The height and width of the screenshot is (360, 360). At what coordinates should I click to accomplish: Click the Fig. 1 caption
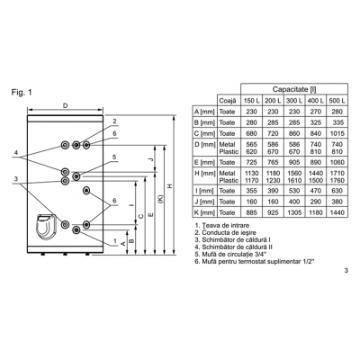[x=22, y=93]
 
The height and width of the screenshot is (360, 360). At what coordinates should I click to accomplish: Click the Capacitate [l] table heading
[x=294, y=89]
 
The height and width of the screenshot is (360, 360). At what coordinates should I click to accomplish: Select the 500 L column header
[x=337, y=101]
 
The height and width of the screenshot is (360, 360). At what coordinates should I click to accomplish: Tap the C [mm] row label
[x=204, y=133]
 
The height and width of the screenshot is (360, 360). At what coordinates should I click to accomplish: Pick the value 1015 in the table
[x=337, y=133]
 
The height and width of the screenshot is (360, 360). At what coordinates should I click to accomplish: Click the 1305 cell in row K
[x=294, y=212]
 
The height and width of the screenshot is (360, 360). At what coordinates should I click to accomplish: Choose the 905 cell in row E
[x=294, y=162]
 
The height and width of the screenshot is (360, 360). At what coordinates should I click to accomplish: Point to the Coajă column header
[x=228, y=101]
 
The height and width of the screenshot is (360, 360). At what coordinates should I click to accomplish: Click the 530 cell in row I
[x=294, y=191]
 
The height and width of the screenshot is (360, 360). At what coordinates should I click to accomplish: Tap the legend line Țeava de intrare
[x=222, y=225]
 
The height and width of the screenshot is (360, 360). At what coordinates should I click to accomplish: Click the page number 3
[x=346, y=271]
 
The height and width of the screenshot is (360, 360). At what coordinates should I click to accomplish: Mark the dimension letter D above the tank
[x=65, y=105]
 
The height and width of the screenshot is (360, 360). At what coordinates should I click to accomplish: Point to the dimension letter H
[x=170, y=186]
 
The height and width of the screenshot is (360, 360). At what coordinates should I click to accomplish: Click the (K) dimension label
[x=161, y=199]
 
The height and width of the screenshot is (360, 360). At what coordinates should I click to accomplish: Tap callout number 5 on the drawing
[x=114, y=157]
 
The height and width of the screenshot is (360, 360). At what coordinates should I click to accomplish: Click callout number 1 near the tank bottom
[x=114, y=240]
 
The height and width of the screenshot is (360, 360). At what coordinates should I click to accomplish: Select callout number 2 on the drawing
[x=114, y=121]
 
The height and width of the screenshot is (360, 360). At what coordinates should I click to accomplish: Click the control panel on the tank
[x=46, y=227]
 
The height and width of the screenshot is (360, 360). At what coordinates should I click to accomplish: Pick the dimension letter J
[x=152, y=159]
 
